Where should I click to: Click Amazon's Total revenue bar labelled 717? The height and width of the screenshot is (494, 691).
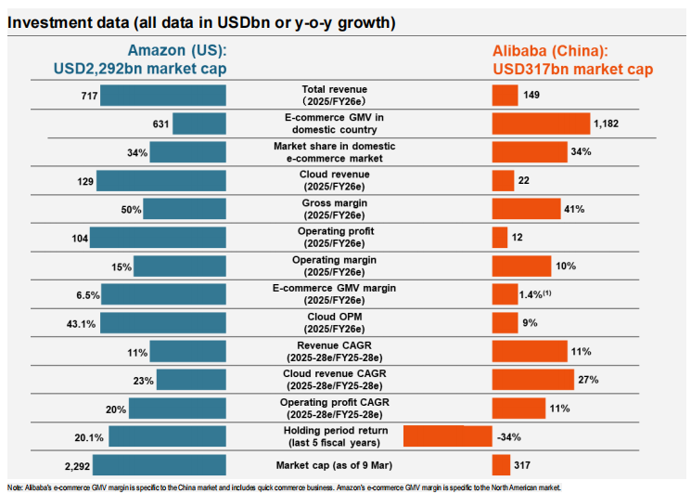(x=163, y=95)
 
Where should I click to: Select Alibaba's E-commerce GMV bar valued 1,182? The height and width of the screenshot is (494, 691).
(x=541, y=123)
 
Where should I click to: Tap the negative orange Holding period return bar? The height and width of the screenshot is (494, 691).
(x=447, y=436)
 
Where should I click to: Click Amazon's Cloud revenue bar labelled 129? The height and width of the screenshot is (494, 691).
(x=161, y=180)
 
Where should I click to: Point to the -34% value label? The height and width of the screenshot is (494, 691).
(x=508, y=436)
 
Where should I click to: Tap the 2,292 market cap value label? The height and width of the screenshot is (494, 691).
(x=74, y=465)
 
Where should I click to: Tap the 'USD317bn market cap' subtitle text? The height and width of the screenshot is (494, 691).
(x=573, y=70)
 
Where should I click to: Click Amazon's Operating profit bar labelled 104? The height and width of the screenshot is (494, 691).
(x=158, y=238)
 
